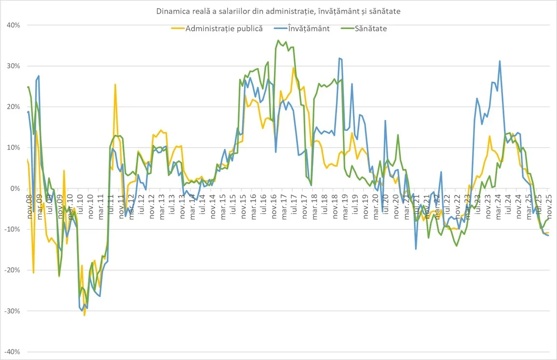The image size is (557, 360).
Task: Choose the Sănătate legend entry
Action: [370, 28]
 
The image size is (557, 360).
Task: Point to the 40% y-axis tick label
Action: [13, 25]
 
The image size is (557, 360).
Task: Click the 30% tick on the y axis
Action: [13, 66]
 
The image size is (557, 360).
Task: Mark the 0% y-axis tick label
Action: [14, 189]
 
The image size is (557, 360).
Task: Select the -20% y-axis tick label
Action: [12, 270]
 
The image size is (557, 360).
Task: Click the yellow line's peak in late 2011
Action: [115, 84]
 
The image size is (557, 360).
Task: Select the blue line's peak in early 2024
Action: [500, 61]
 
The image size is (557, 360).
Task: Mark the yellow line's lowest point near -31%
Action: [84, 315]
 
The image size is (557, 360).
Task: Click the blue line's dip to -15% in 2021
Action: [416, 249]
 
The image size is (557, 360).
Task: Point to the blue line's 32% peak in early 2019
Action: [340, 58]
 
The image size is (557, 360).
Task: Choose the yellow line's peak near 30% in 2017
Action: [293, 68]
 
